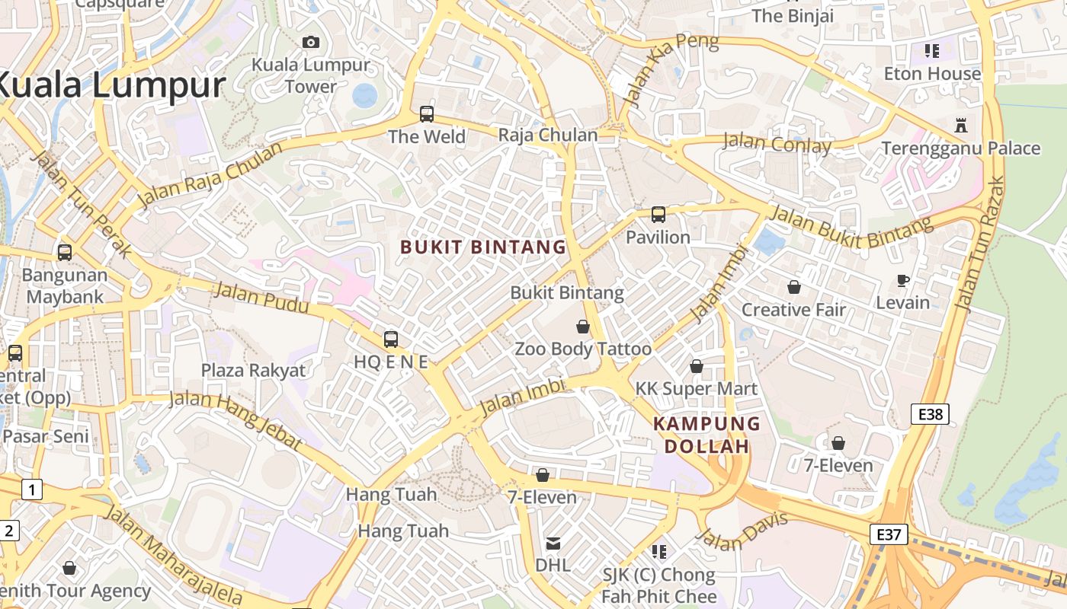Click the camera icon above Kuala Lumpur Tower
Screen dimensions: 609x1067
click(310, 42)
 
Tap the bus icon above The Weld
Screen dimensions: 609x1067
click(426, 114)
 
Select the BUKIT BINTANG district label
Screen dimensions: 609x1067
click(483, 247)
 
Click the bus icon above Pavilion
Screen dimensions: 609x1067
click(658, 215)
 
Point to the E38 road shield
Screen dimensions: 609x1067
click(930, 414)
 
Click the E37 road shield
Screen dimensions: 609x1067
click(889, 534)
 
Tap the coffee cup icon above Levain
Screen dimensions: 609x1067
click(902, 280)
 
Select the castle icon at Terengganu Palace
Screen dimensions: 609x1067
click(960, 125)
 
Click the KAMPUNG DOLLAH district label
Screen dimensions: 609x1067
click(707, 435)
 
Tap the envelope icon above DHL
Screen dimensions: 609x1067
click(553, 544)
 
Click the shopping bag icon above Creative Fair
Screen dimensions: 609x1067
click(793, 287)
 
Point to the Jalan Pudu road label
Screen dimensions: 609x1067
click(261, 298)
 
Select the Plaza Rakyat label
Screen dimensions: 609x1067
click(253, 371)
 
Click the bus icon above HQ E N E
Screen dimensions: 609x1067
click(390, 339)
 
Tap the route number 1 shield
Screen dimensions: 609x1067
click(31, 489)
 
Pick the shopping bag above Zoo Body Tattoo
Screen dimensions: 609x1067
click(583, 327)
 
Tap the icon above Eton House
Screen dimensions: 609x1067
click(931, 51)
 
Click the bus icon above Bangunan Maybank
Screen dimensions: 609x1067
click(65, 252)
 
